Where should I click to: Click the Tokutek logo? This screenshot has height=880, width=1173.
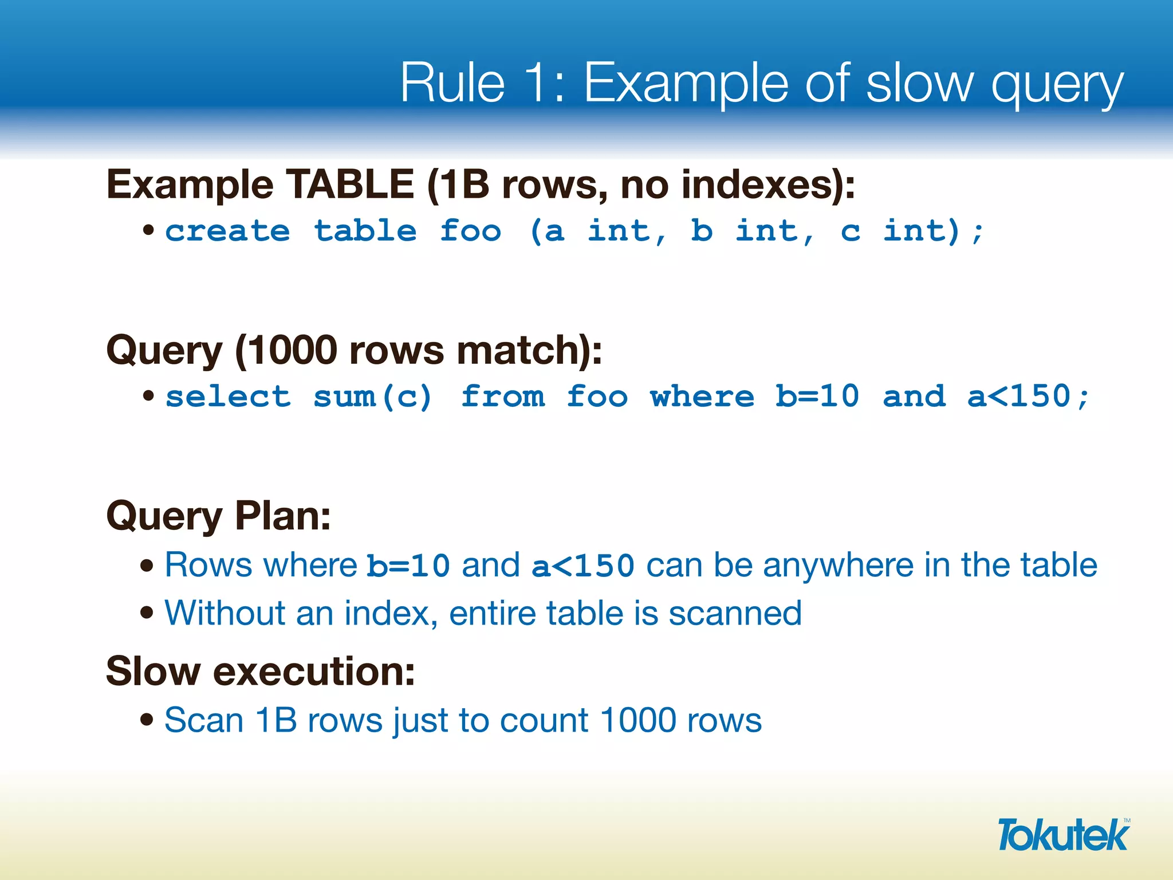coord(1063,835)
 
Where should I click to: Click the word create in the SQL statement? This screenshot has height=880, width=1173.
coord(227,231)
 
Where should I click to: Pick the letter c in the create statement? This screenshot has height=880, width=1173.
coord(851,232)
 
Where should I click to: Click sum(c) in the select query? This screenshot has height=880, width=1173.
coord(372,396)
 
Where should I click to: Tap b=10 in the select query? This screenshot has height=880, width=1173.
coord(817,396)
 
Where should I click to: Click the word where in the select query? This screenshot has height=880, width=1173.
coord(702,396)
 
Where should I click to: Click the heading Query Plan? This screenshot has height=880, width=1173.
coord(218,516)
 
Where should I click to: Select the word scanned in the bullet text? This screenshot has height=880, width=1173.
coord(735,613)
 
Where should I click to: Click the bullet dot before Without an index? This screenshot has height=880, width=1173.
coord(147,613)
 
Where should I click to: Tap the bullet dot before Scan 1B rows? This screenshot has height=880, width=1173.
coord(147,719)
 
